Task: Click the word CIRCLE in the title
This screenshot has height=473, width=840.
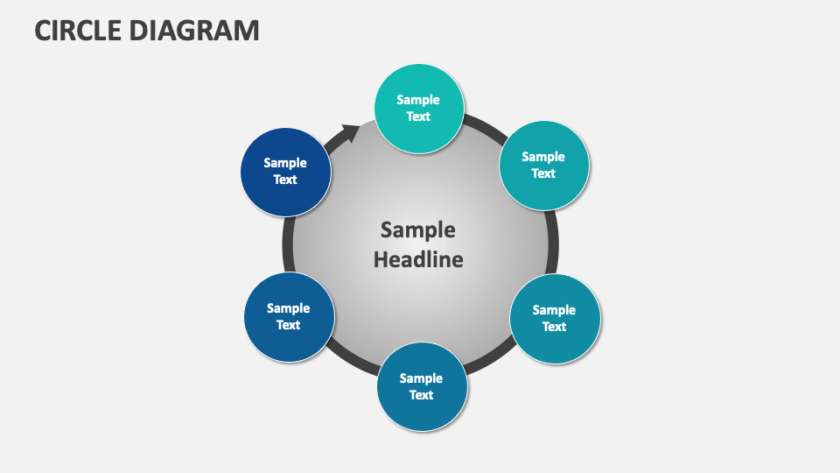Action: pyautogui.click(x=77, y=30)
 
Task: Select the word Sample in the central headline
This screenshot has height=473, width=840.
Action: pyautogui.click(x=418, y=229)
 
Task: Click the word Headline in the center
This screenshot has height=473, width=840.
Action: pyautogui.click(x=418, y=259)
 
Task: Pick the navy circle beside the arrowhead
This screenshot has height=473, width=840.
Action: pyautogui.click(x=286, y=172)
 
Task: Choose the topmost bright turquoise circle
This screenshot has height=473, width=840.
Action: pyautogui.click(x=418, y=108)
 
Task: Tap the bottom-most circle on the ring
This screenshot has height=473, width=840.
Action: pyautogui.click(x=421, y=386)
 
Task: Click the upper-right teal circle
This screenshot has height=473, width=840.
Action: pyautogui.click(x=543, y=165)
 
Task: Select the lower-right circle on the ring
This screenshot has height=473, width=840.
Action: pyautogui.click(x=554, y=318)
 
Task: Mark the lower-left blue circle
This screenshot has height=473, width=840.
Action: pyautogui.click(x=289, y=316)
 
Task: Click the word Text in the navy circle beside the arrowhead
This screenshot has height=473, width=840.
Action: pyautogui.click(x=285, y=180)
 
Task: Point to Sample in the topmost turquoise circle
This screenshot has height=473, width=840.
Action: pyautogui.click(x=418, y=100)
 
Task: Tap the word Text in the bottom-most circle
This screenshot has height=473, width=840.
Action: pyautogui.click(x=421, y=395)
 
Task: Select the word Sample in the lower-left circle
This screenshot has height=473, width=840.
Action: pyautogui.click(x=288, y=308)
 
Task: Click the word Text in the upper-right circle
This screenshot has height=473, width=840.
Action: pyautogui.click(x=543, y=173)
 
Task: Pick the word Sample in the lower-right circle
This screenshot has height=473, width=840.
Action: pyautogui.click(x=554, y=310)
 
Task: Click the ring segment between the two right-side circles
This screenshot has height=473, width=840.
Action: pyautogui.click(x=553, y=242)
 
